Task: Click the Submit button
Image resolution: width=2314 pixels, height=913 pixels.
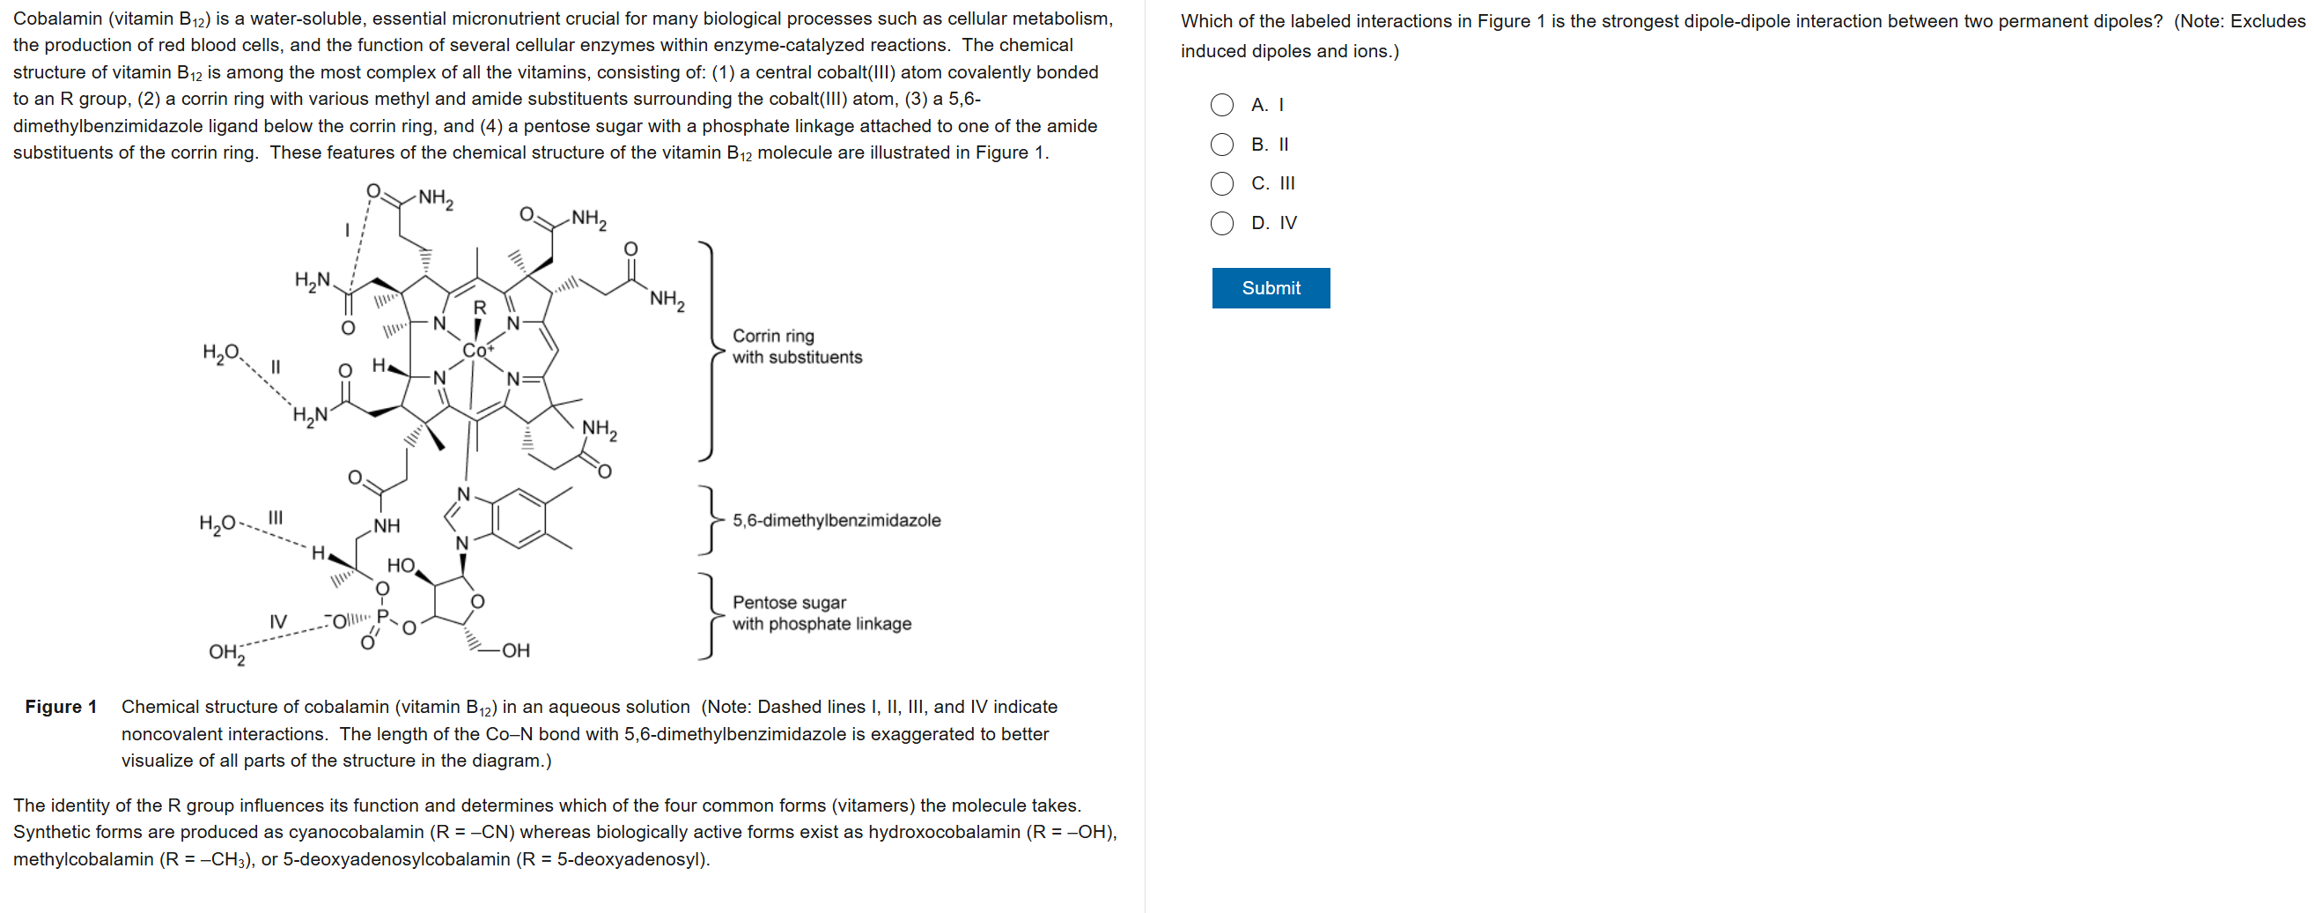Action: click(1271, 287)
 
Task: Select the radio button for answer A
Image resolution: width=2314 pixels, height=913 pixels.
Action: click(1221, 105)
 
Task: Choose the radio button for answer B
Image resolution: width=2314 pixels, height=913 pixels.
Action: click(1221, 145)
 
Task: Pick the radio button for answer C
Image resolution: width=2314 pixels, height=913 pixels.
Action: click(1221, 184)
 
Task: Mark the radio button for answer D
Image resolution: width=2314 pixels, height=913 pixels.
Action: click(1221, 223)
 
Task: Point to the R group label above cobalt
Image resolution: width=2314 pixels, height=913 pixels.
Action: click(480, 308)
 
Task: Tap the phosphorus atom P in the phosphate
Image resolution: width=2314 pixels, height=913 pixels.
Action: click(383, 617)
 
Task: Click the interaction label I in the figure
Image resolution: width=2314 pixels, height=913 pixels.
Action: click(347, 231)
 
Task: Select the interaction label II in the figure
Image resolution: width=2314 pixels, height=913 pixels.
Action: click(276, 367)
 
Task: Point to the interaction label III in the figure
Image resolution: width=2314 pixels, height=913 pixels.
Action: click(276, 516)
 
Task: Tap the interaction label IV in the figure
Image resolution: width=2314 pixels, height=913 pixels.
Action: click(278, 622)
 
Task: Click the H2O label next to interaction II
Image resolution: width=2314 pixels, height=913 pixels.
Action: click(221, 353)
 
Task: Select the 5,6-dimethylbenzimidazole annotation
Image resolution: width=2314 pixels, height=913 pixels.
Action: click(836, 520)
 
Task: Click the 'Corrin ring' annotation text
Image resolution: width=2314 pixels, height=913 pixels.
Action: click(773, 336)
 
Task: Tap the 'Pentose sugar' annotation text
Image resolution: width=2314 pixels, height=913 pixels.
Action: click(789, 602)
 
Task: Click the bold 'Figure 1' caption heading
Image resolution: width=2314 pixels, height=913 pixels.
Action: click(61, 706)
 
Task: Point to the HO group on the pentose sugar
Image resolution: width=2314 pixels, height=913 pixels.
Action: click(401, 565)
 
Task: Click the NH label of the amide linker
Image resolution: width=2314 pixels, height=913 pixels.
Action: click(387, 526)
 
